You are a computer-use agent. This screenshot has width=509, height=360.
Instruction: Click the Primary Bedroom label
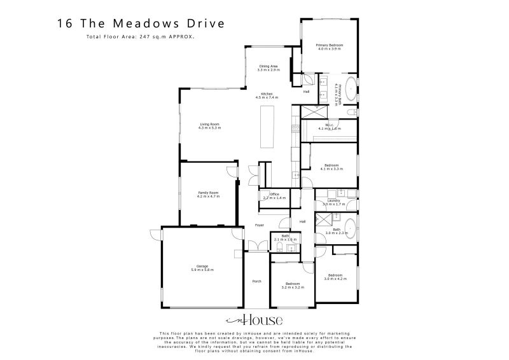(x=330, y=45)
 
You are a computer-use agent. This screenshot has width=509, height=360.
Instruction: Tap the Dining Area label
(x=268, y=66)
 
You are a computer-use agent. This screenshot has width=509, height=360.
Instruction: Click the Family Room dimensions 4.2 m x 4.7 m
(x=209, y=197)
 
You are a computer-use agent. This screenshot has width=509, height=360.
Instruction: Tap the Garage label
(x=202, y=267)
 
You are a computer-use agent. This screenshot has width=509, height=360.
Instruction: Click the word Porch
(x=257, y=280)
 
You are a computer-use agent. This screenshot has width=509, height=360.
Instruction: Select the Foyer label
(x=260, y=225)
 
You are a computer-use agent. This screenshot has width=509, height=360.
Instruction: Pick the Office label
(x=275, y=194)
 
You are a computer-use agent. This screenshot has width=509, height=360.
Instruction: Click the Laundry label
(x=334, y=200)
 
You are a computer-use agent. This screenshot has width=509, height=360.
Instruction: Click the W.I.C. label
(x=330, y=125)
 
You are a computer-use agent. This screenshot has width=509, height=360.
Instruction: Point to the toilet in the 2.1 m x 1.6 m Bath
(x=279, y=244)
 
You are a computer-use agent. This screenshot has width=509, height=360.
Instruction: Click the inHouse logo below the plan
(x=254, y=320)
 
